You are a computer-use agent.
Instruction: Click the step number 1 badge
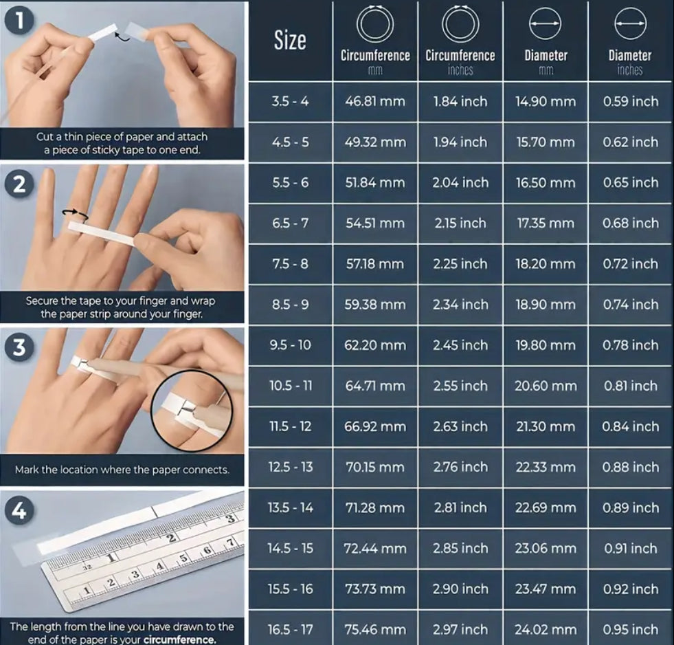point(20,21)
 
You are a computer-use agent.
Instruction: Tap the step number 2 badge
point(20,184)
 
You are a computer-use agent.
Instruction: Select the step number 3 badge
point(20,347)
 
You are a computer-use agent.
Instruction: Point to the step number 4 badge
point(20,511)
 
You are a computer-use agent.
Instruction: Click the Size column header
point(290,41)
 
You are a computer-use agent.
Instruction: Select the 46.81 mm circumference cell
point(375,102)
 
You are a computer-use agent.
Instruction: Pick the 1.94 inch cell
point(460,142)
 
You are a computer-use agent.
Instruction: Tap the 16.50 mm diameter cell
point(546,183)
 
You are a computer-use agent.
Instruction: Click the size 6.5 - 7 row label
point(290,223)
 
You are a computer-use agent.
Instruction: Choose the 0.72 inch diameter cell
point(630,264)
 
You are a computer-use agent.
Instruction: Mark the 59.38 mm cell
point(375,305)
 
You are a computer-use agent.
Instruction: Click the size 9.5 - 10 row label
point(290,345)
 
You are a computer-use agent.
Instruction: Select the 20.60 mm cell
point(546,386)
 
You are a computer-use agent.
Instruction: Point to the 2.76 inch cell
point(460,467)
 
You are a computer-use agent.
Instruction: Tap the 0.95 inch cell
point(630,629)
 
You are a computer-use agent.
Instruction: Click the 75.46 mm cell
point(375,629)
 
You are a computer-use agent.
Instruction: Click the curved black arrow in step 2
point(75,215)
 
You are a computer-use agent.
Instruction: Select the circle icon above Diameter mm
point(545,25)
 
